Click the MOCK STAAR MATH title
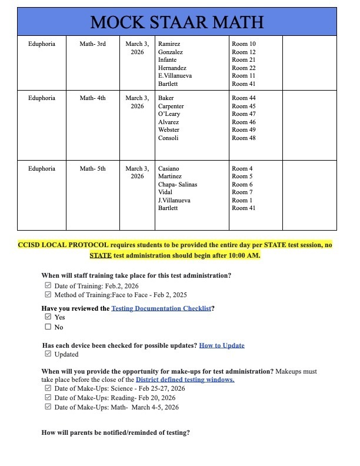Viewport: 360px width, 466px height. click(177, 22)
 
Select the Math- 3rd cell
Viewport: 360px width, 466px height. click(92, 44)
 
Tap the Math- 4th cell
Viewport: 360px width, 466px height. click(92, 98)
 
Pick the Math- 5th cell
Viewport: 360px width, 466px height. click(92, 169)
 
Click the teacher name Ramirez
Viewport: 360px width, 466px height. click(169, 44)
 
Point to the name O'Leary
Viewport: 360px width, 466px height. click(169, 114)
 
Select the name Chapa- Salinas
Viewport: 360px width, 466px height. click(178, 185)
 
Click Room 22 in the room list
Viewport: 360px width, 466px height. click(244, 68)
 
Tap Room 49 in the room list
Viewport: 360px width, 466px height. click(244, 130)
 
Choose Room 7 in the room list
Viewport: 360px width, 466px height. click(242, 192)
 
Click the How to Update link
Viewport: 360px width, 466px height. click(222, 345)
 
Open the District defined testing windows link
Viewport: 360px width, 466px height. click(185, 380)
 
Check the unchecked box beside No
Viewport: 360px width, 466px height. click(48, 327)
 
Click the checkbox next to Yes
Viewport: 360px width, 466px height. click(48, 317)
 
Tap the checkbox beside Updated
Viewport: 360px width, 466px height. click(48, 354)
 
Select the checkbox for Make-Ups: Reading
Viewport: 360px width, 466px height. click(48, 398)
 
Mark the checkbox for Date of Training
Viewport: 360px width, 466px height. click(48, 285)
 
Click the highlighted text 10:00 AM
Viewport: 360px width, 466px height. click(242, 255)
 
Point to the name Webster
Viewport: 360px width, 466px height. click(169, 130)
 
